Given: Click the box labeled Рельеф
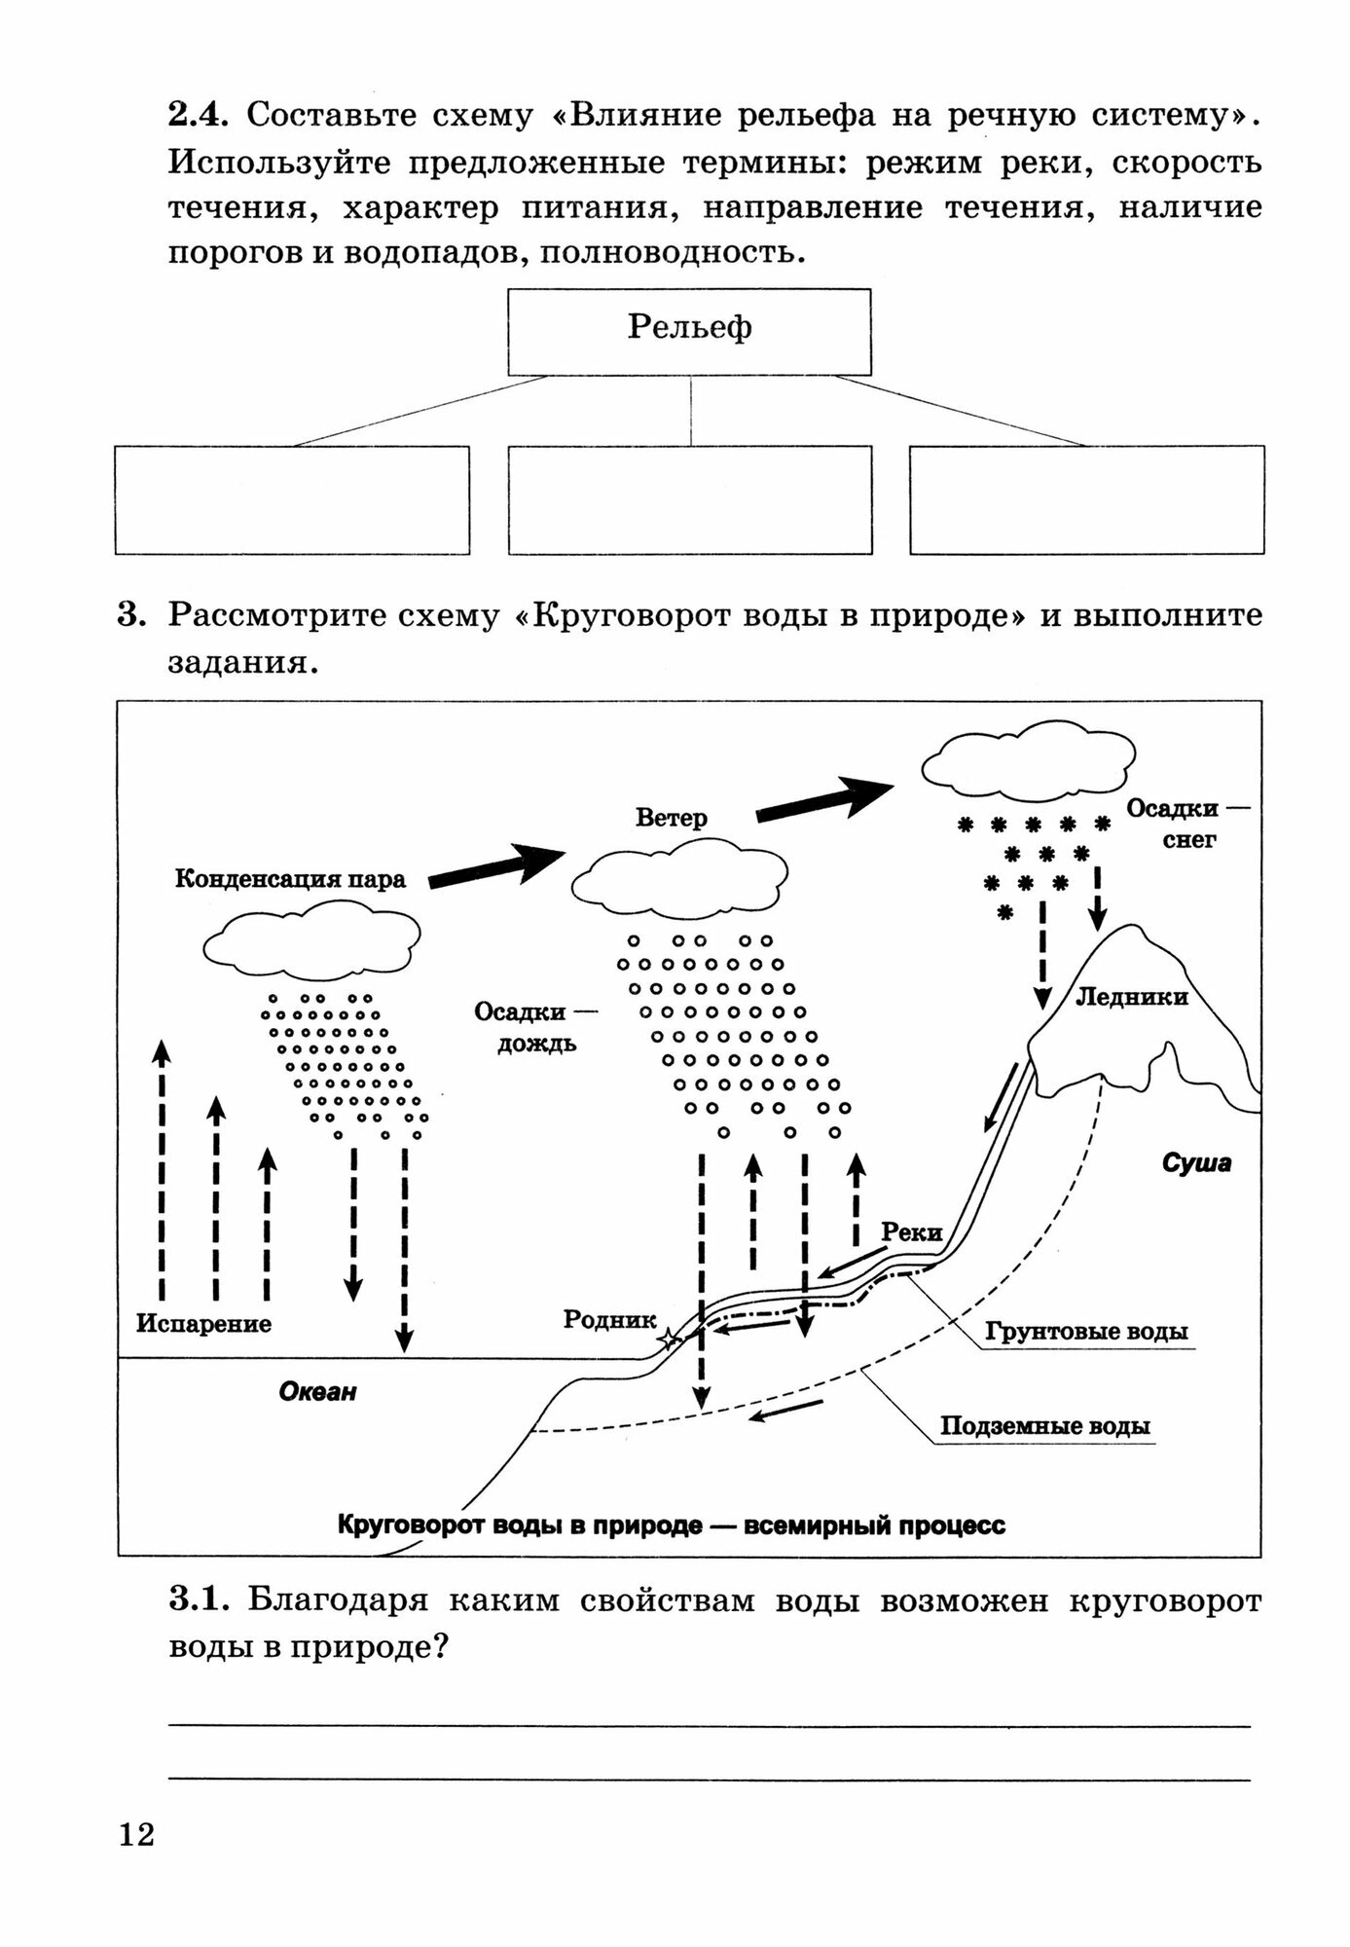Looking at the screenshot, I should coord(689,331).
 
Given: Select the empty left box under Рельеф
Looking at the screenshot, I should coord(292,499).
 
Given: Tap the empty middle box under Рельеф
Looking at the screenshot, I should coord(689,499).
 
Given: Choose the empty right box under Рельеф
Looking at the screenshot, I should coord(1086,499).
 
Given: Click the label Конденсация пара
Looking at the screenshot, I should coord(290,879).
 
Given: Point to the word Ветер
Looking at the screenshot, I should coord(671,818).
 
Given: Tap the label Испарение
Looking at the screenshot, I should coord(203,1324).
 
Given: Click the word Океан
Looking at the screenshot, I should coord(318,1391).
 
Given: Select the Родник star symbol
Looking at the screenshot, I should coord(669,1340).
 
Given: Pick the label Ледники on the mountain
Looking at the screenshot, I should coord(1131,997).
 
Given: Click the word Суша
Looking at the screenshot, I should coord(1196,1162).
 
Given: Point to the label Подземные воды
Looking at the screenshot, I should coord(1044,1426).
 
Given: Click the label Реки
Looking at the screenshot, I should coord(911,1232).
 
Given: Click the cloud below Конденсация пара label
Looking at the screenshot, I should coord(312,941).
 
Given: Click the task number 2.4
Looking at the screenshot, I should coord(198,115).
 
